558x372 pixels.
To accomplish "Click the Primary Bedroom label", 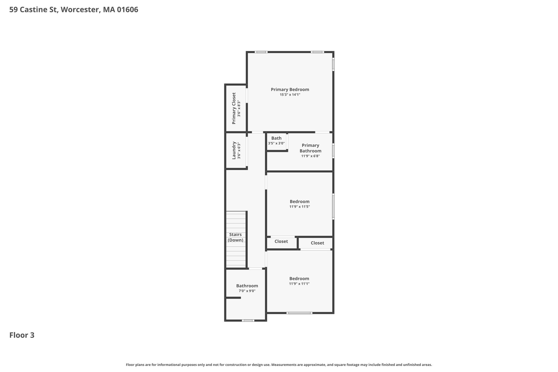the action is [x=290, y=89].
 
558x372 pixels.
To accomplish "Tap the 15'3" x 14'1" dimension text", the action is [x=290, y=95].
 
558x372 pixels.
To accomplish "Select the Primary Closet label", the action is [x=234, y=108].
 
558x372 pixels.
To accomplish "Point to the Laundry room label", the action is [x=234, y=150].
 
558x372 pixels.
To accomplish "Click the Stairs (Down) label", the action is [x=235, y=237].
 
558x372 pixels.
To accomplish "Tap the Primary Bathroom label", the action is [x=310, y=148].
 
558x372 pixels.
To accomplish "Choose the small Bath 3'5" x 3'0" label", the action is [x=276, y=140].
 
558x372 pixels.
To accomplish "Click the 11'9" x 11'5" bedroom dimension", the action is [x=299, y=207].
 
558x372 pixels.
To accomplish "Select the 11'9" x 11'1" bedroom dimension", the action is [x=299, y=284].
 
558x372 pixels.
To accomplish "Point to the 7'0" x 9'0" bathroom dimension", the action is [x=247, y=291].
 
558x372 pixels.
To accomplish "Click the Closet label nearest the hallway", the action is [x=281, y=241].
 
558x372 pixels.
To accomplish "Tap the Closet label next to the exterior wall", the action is [x=317, y=243].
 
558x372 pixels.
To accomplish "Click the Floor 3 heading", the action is [x=22, y=335].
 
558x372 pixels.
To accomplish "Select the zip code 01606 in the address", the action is [x=128, y=10].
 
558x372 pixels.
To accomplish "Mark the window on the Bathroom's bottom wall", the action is [x=248, y=320].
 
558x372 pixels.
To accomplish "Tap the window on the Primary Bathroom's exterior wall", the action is [x=333, y=151].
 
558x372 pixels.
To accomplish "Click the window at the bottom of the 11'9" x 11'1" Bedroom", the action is [x=299, y=313].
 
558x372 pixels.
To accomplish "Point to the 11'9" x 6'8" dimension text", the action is [x=310, y=156].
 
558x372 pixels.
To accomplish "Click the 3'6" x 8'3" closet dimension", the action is [x=239, y=108].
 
